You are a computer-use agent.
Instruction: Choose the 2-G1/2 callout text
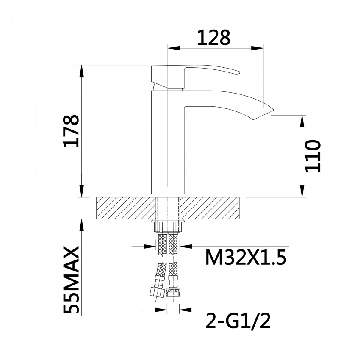pyautogui.click(x=238, y=321)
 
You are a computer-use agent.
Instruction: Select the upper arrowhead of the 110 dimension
pyautogui.click(x=302, y=119)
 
